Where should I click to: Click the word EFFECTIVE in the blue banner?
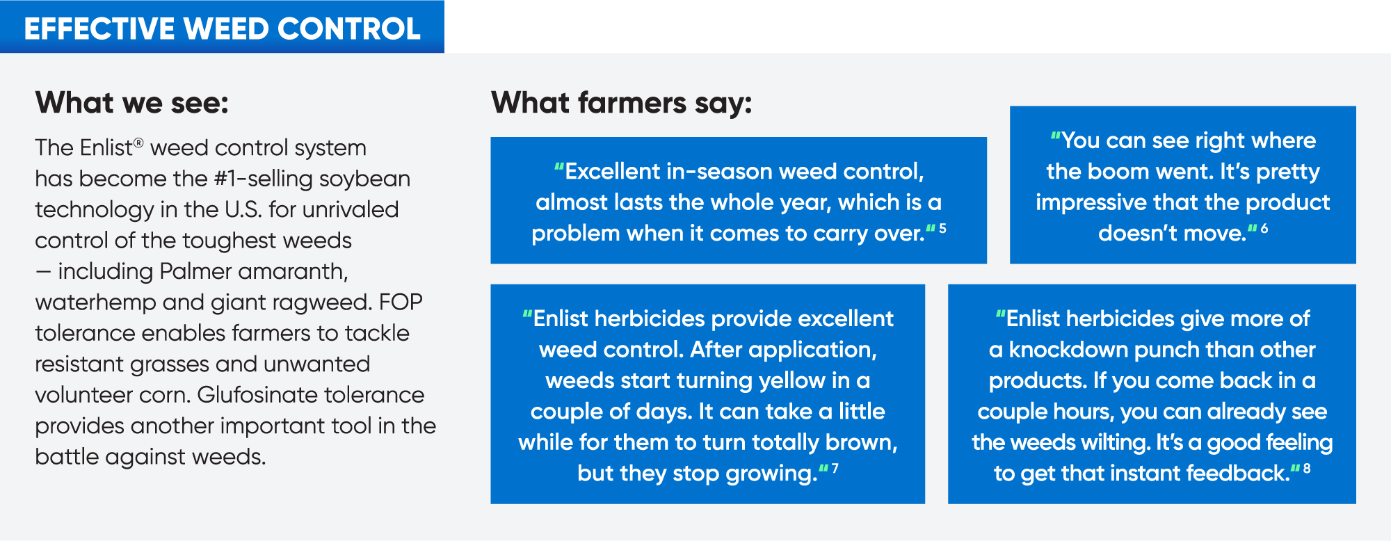point(99,29)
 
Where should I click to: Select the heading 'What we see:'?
point(132,103)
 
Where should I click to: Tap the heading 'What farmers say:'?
point(622,103)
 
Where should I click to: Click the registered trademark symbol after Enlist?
point(139,143)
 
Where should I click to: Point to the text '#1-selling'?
point(264,179)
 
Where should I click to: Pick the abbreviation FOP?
point(401,302)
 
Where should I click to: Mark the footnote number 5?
point(942,228)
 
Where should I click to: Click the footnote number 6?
point(1264,228)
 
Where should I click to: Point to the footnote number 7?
point(835,469)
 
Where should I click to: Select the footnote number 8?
point(1307,469)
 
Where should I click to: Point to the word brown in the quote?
point(861,443)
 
